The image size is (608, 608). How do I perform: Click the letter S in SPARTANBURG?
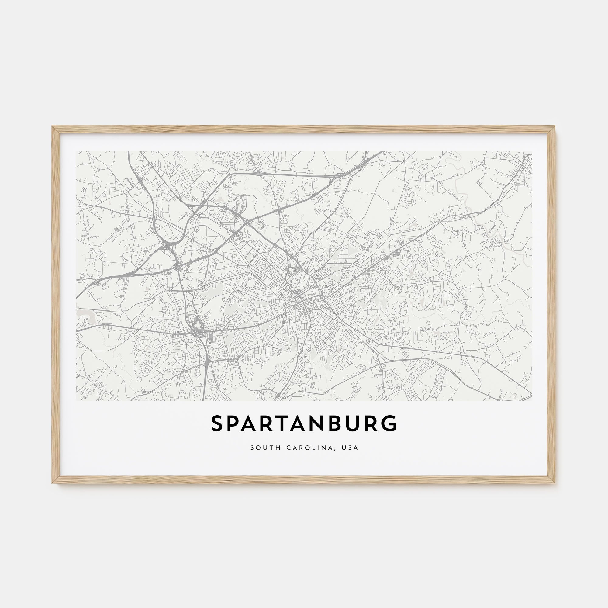(x=217, y=423)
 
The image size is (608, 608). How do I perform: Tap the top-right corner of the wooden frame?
(x=555, y=127)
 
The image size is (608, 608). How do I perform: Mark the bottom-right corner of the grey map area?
(x=532, y=401)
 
